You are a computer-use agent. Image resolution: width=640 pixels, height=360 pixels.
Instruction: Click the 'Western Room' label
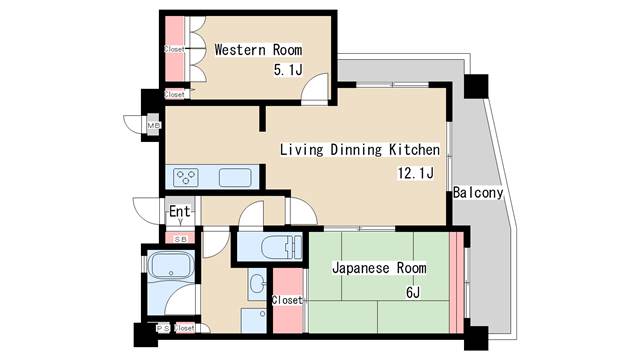point(258,50)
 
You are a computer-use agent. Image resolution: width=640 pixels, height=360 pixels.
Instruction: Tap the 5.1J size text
point(287,71)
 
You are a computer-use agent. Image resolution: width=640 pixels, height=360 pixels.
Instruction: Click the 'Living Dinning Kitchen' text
point(359,150)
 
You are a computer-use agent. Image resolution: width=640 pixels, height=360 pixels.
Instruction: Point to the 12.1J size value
point(415,173)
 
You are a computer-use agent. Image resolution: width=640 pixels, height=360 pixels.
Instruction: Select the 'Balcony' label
point(477,192)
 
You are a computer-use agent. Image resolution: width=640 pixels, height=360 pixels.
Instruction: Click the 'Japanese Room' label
point(379,269)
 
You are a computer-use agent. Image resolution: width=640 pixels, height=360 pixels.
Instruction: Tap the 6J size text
point(412,293)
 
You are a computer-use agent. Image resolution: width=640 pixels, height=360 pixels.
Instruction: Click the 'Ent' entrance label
point(179,212)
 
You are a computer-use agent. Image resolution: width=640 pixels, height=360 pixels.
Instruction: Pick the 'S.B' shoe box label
point(180,239)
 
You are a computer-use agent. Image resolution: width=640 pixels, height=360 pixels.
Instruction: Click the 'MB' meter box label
point(153,125)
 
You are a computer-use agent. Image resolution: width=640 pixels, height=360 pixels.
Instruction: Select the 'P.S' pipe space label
point(162,328)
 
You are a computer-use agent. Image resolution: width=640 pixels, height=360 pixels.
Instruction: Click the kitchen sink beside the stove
point(235,177)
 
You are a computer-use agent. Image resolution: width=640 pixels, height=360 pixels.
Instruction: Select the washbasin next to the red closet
point(256,283)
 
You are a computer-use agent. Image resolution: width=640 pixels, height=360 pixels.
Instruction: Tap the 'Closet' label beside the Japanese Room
point(287,299)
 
